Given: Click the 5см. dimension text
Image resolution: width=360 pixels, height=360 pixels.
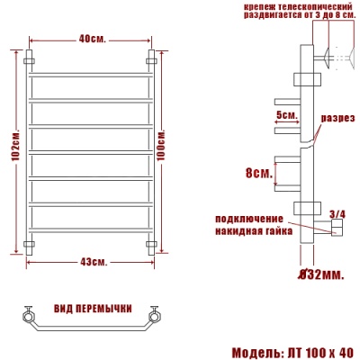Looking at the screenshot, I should click(286, 114).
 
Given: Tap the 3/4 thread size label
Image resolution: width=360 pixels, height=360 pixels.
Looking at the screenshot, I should click(337, 213).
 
